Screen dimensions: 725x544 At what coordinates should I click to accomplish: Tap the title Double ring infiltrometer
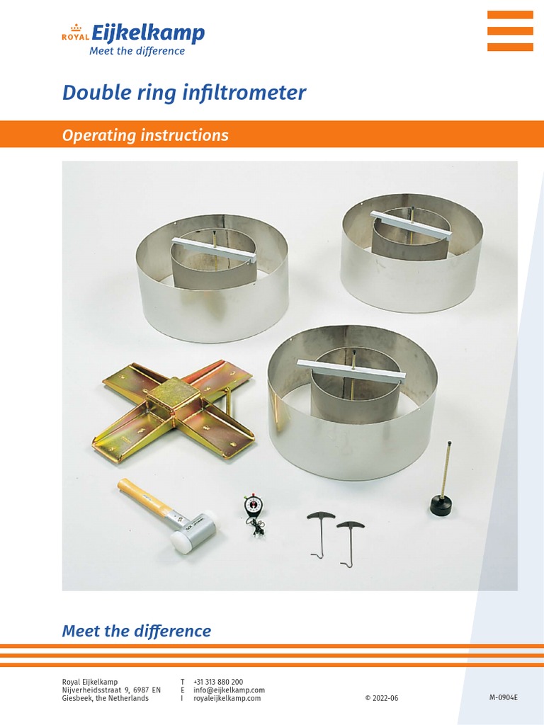coord(184,93)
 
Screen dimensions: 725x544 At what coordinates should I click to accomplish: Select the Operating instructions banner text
coord(145,135)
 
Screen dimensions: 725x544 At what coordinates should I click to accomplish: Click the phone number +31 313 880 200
coord(217,682)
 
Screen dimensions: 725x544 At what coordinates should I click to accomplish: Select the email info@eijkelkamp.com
coord(229,690)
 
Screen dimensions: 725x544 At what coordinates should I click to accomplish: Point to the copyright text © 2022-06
coord(382,698)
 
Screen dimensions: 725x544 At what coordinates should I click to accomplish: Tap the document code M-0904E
coord(503,697)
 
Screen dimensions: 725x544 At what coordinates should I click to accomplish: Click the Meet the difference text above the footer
coord(136,630)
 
